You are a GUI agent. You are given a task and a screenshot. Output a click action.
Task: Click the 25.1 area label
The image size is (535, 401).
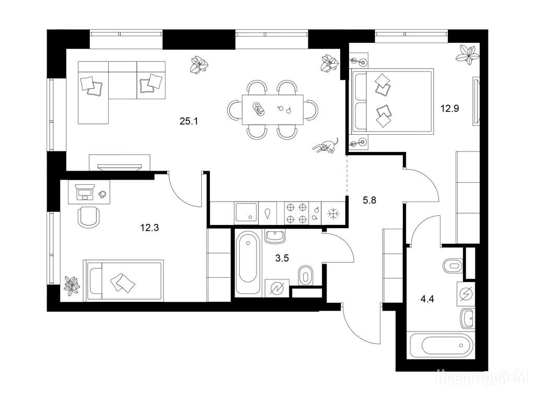(x=189, y=121)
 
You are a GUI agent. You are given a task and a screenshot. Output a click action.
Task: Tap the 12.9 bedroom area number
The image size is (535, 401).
(x=450, y=109)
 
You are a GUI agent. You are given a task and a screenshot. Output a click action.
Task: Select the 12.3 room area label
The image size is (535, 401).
(x=149, y=228)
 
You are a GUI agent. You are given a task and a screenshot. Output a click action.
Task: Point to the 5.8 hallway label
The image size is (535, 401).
(x=369, y=200)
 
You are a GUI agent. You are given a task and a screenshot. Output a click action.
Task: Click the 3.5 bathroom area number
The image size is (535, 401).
(x=282, y=258)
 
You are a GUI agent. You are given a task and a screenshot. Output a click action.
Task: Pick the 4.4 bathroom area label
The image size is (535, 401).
(x=427, y=299)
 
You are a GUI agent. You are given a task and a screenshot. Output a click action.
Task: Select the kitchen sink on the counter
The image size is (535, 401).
(x=246, y=213)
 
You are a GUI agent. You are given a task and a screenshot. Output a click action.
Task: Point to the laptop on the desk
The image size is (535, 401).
(x=85, y=192)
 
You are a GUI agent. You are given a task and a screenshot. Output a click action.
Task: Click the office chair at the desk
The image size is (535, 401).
(x=89, y=217)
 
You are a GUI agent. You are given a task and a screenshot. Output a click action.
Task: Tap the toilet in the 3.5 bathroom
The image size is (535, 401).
(x=305, y=276)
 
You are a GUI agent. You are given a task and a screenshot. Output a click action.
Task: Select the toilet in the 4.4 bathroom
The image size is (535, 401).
(x=453, y=265)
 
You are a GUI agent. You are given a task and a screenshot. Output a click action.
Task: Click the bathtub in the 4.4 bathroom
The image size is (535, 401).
(x=441, y=346)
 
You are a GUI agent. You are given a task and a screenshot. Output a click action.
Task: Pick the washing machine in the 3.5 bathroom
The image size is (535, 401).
(x=277, y=288)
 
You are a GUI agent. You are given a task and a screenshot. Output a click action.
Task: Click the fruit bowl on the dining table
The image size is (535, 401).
(x=259, y=109)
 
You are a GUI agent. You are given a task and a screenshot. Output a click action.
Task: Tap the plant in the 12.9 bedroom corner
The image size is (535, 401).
(x=468, y=54)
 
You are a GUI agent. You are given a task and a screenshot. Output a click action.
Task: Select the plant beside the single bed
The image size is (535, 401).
(x=72, y=285)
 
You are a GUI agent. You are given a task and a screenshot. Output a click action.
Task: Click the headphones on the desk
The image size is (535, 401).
(x=102, y=194)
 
